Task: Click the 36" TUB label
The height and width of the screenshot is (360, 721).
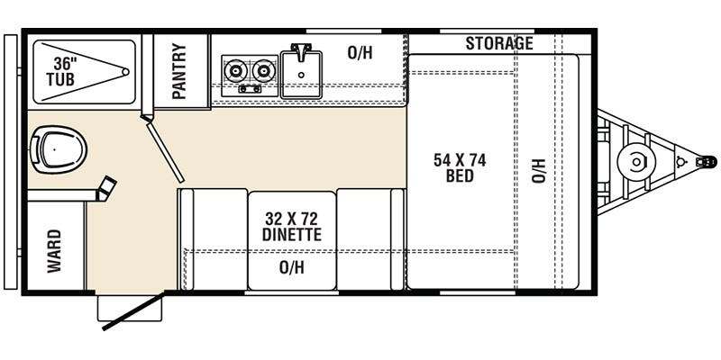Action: [x=61, y=71]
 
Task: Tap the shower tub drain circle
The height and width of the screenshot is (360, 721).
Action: [x=125, y=72]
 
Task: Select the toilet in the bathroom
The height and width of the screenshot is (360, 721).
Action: [x=58, y=149]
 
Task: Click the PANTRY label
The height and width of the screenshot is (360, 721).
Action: [x=179, y=71]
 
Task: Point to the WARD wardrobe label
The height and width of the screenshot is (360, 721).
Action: [x=54, y=251]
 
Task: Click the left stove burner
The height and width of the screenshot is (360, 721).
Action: [x=235, y=71]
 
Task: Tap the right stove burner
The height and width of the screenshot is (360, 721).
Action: [x=262, y=71]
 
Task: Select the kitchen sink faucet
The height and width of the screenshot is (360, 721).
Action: [x=301, y=51]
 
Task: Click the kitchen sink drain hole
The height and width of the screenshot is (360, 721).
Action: [x=301, y=75]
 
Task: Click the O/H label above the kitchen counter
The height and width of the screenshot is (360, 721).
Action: [x=360, y=53]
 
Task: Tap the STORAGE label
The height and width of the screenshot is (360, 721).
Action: [x=499, y=43]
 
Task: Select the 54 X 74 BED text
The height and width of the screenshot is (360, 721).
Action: [x=460, y=167]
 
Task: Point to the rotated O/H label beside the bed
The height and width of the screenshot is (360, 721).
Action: [x=538, y=171]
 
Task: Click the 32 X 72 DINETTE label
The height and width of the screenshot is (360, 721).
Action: [x=291, y=226]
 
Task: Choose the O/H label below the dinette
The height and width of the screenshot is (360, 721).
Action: [x=291, y=266]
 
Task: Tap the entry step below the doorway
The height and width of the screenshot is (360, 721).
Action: [x=129, y=308]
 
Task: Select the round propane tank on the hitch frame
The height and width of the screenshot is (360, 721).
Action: [x=636, y=162]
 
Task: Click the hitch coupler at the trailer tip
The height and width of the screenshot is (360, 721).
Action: [x=707, y=161]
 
